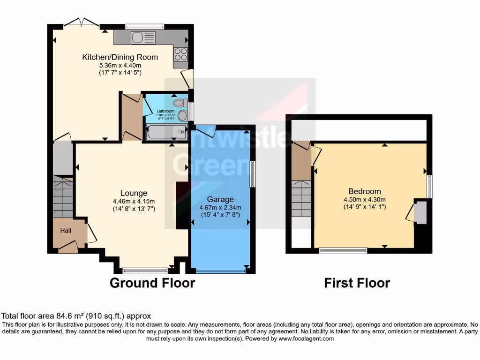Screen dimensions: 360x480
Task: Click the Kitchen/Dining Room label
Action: click(120, 57)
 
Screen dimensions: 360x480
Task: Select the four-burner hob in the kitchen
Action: click(180, 55)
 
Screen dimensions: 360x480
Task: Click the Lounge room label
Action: click(134, 193)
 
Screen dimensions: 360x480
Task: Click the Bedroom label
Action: click(364, 191)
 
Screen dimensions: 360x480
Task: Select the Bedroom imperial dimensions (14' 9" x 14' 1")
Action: click(364, 206)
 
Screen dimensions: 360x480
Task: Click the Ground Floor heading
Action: click(152, 283)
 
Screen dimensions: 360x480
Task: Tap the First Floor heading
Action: click(357, 283)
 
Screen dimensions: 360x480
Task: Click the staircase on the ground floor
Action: click(62, 197)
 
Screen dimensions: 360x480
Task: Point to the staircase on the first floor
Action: click(301, 199)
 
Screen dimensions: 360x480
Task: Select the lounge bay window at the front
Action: click(145, 270)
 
